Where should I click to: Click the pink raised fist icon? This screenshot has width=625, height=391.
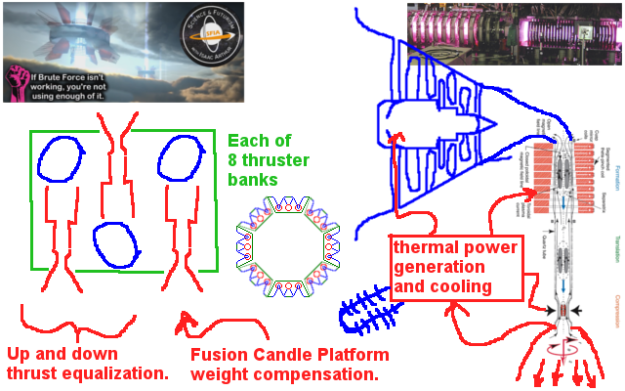pyautogui.click(x=17, y=84)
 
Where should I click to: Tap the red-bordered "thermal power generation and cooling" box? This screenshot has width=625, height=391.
pyautogui.click(x=454, y=267)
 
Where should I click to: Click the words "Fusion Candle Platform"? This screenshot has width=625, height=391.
pyautogui.click(x=289, y=354)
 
